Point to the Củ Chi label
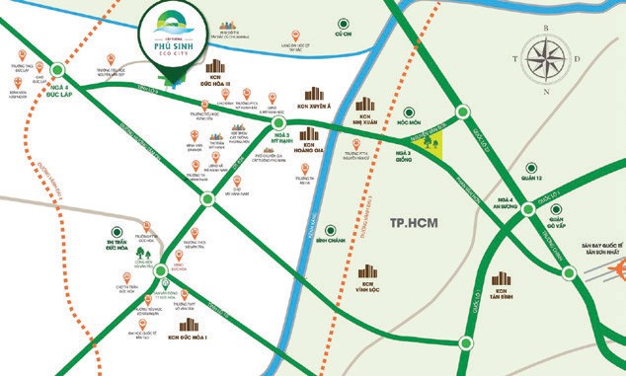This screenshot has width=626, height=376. [343, 32]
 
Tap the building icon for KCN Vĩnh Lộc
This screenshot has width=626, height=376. [367, 272]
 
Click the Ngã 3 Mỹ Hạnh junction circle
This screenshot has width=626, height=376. [279, 125]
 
